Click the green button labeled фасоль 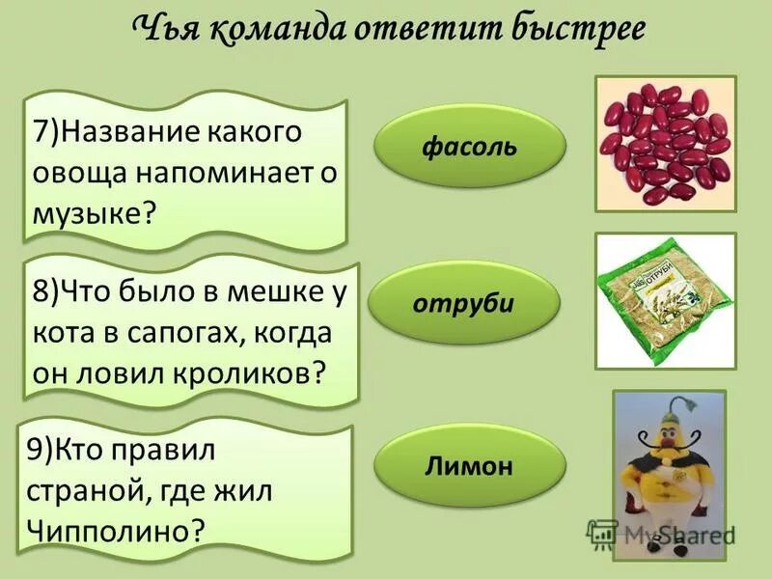(468, 148)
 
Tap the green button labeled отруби (464, 304)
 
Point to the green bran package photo (665, 300)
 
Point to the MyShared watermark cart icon (603, 533)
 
